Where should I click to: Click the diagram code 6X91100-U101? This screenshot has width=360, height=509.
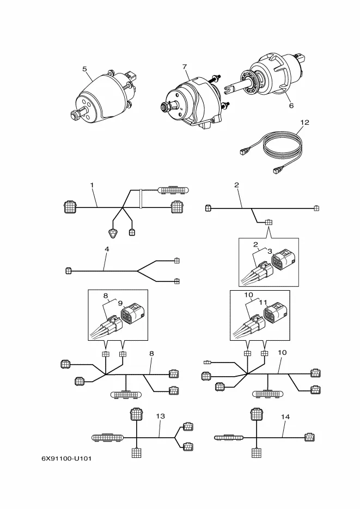tap(66, 458)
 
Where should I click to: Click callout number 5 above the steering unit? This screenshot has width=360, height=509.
tap(85, 69)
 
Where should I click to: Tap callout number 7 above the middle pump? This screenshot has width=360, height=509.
tap(185, 67)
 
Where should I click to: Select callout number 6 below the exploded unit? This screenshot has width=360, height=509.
tap(291, 106)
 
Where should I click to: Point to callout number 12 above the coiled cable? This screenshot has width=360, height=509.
tap(305, 122)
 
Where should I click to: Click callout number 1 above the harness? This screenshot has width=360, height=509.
tap(92, 185)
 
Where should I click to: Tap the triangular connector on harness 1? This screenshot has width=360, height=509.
tap(113, 233)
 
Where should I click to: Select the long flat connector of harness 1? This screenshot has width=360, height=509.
tap(173, 190)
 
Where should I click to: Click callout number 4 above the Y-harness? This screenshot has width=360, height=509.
tap(107, 249)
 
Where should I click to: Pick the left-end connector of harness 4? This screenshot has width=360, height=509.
tap(68, 271)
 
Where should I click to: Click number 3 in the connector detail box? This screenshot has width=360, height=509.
tap(270, 251)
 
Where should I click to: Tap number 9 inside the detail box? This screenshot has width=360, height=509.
tap(120, 303)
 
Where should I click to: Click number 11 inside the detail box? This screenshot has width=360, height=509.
tap(263, 303)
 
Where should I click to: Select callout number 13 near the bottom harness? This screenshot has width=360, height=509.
tap(160, 416)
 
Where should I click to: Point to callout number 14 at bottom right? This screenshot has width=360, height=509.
tap(285, 416)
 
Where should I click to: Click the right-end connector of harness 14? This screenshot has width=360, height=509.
tap(310, 437)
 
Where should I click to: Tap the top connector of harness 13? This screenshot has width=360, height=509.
tap(136, 414)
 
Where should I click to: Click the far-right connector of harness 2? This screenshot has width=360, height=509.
tap(316, 208)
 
